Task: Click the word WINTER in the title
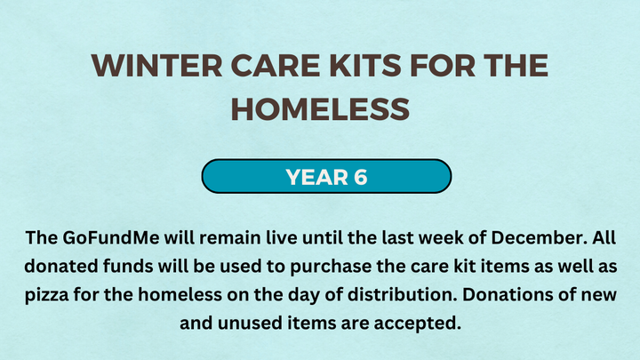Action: coord(157,65)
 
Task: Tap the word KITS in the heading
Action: coord(365,65)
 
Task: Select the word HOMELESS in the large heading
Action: coord(320,109)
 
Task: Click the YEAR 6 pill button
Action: coord(326,176)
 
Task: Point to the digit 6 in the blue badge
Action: coord(360,177)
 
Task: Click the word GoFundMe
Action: coord(110,237)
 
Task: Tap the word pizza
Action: coord(46,295)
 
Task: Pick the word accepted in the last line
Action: coord(418,324)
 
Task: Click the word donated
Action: coord(60,266)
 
